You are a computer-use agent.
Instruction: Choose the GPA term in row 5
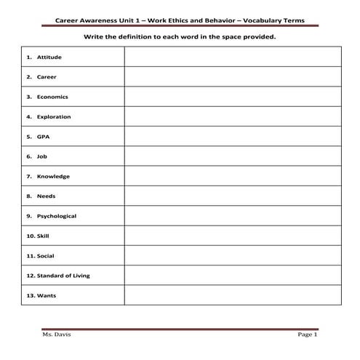tap(43, 136)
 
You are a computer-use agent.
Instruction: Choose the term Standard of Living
tap(63, 276)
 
